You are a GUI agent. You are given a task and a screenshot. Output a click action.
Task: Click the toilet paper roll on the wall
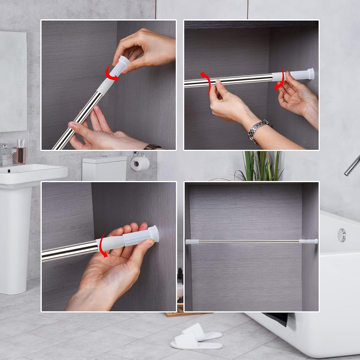pos(140,163)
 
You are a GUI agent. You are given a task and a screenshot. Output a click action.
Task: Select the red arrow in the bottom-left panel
pos(102,246)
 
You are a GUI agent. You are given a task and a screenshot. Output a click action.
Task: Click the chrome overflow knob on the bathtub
pos(341,235)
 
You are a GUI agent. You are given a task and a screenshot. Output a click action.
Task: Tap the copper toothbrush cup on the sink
pos(21,155)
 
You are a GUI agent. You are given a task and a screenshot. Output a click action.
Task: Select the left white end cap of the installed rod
pos(192,242)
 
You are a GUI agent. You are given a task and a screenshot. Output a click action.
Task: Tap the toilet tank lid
pos(104,160)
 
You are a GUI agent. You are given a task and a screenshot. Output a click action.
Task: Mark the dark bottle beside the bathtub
pos(180,276)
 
